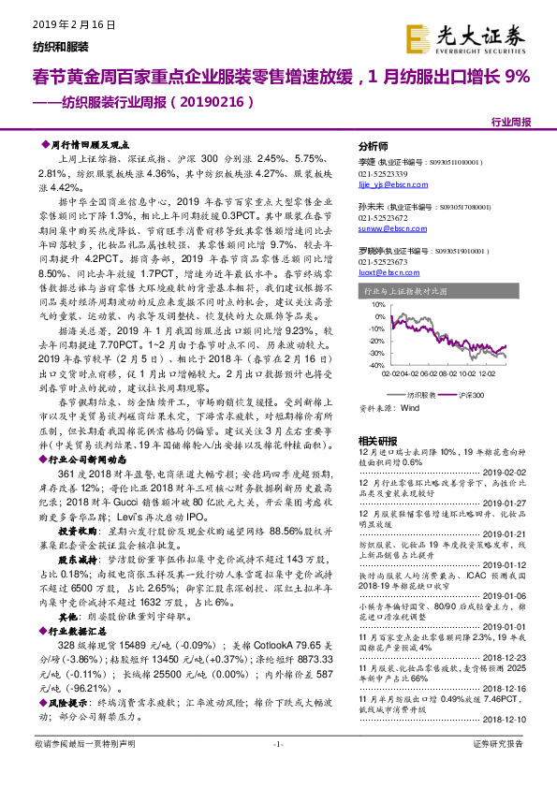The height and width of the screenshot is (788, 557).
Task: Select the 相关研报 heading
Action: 377,439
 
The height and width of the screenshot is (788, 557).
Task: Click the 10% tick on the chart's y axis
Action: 374,304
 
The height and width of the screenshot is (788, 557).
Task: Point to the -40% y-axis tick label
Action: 373,365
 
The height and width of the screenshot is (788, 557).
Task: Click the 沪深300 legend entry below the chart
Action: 474,396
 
